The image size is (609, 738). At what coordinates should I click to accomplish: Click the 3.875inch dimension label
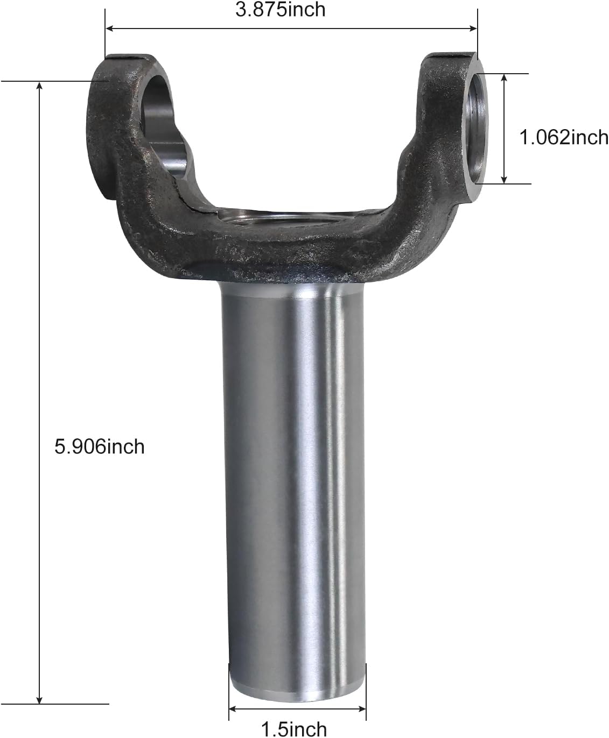[x=280, y=9]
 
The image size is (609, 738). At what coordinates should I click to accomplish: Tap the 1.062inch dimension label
[x=563, y=137]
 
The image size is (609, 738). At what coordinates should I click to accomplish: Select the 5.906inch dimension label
[x=100, y=446]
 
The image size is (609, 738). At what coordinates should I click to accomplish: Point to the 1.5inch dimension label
[x=294, y=729]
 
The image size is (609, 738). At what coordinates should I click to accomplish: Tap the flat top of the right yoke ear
[x=451, y=55]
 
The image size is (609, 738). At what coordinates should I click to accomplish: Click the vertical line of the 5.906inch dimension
[x=39, y=323]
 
